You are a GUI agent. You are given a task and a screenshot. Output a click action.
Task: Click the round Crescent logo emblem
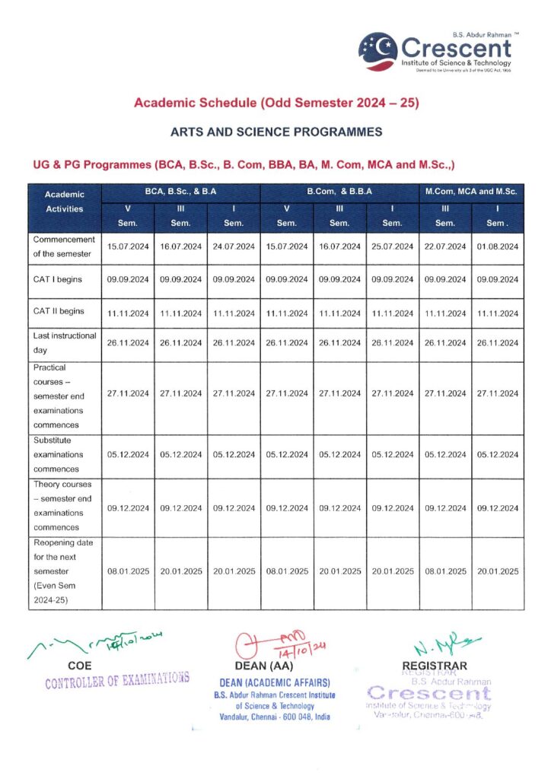click(x=377, y=50)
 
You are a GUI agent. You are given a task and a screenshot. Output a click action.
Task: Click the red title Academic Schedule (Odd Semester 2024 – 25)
click(x=276, y=102)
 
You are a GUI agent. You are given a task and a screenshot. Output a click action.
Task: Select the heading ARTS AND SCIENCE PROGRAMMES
click(x=276, y=132)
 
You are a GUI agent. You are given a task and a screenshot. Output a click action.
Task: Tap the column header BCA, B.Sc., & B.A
click(x=180, y=192)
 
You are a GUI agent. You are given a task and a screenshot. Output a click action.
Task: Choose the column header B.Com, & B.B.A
click(x=339, y=192)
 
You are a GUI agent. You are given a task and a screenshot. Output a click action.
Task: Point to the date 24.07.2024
click(x=234, y=246)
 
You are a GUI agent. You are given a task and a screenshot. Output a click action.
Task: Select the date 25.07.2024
click(x=392, y=246)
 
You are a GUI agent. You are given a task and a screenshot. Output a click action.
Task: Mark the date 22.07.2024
click(x=444, y=246)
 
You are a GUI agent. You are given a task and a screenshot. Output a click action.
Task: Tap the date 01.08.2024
click(x=497, y=246)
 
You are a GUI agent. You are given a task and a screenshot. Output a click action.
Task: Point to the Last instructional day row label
click(x=65, y=342)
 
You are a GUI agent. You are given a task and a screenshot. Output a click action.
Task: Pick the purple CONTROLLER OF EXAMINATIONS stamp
click(x=116, y=680)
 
